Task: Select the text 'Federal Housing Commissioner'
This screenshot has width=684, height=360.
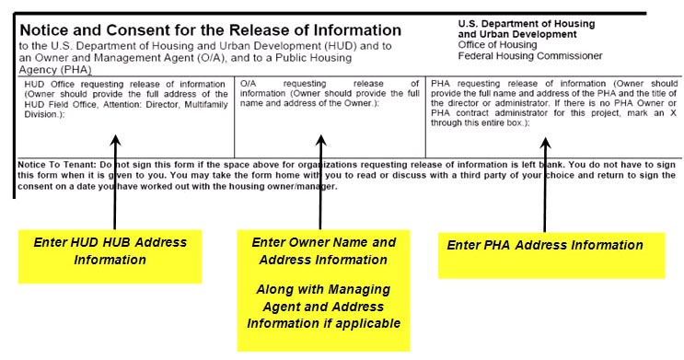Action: point(531,56)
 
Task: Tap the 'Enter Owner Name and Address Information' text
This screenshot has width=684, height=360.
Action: point(323,250)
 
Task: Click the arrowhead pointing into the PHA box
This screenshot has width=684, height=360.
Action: point(545,145)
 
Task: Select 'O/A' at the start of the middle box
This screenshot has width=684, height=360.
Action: point(249,83)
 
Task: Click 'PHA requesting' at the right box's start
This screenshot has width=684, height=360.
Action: point(467,83)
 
